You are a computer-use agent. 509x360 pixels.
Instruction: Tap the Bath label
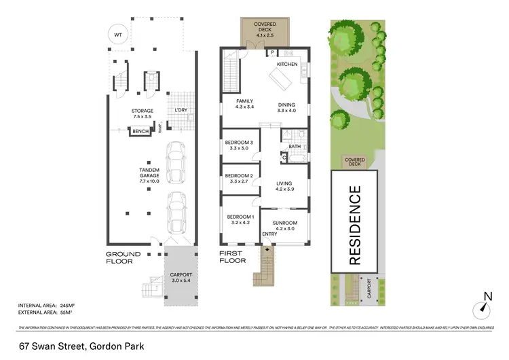(x=295, y=146)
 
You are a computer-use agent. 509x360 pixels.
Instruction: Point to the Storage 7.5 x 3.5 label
(x=142, y=113)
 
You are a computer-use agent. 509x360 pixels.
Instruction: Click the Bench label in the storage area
(x=140, y=132)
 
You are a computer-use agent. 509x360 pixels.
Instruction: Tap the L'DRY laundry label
(x=181, y=110)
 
